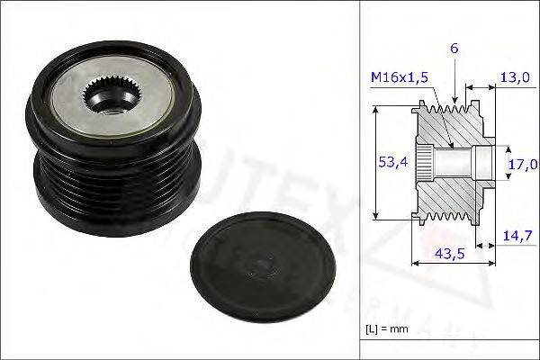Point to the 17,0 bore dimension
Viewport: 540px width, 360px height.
tap(522, 164)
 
